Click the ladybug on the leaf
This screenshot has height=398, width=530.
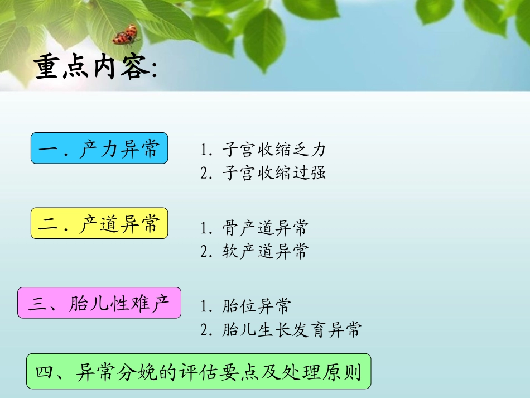tap(126, 35)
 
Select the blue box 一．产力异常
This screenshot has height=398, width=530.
tap(99, 148)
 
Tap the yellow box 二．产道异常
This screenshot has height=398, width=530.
tap(99, 223)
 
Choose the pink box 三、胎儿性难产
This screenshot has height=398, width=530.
tap(99, 303)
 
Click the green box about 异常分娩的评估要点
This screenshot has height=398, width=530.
tap(199, 371)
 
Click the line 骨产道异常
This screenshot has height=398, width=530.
tap(254, 228)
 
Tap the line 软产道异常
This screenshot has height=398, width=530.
tap(254, 251)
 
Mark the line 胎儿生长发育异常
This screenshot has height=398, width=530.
tap(281, 329)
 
